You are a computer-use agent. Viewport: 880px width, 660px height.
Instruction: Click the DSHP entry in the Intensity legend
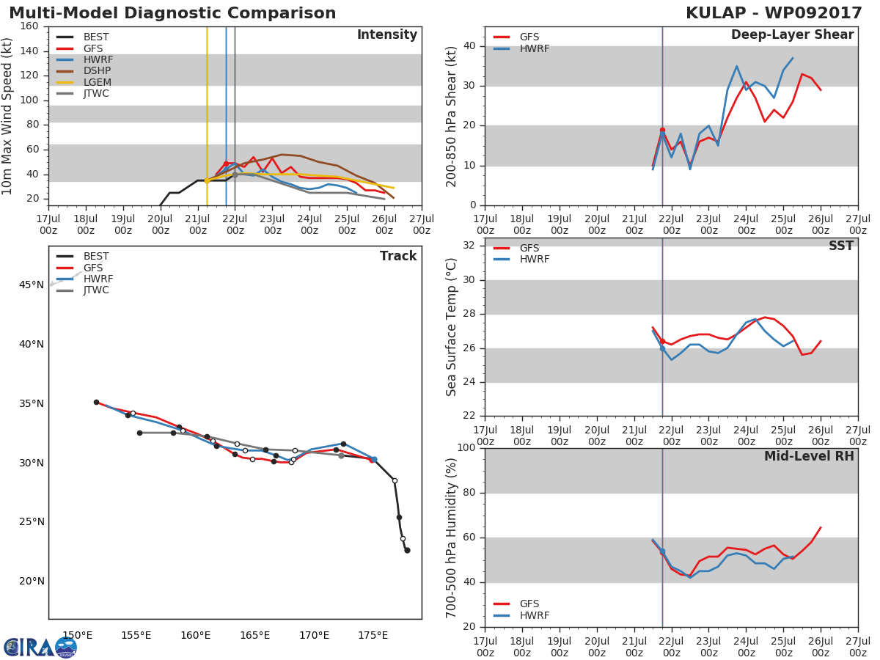coord(96,71)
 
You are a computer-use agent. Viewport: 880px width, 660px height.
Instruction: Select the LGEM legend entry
coord(97,82)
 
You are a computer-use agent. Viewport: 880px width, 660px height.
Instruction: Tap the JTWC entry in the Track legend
coord(96,290)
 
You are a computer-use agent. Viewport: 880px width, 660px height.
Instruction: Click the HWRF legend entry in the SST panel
coord(534,260)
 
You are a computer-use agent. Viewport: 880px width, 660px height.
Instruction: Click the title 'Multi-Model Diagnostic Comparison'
coord(172,13)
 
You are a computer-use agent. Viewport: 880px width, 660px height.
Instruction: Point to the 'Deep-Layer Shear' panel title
coord(792,35)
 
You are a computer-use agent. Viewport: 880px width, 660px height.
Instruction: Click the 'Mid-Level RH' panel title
coord(809,456)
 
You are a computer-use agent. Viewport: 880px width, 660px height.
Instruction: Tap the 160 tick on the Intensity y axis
coord(29,26)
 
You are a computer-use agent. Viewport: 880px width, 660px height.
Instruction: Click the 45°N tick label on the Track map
coord(32,285)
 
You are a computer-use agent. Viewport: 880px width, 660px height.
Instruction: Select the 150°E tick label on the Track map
coord(77,635)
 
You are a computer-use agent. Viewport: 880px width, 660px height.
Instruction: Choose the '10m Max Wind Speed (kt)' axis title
coord(8,116)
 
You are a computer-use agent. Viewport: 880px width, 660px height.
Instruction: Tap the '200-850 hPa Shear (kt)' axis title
coord(452,116)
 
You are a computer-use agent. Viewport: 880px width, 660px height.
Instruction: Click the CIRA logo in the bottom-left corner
coord(40,647)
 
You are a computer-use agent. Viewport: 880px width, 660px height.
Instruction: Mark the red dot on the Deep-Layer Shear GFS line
coord(662,130)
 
